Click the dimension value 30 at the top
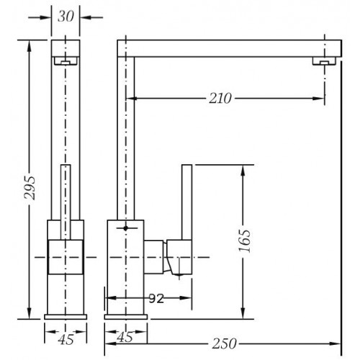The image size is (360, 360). [66, 17]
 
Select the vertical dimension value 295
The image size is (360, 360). [30, 188]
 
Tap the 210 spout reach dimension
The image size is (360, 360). [220, 99]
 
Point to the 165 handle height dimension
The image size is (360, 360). [244, 240]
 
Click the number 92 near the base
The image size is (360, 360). [156, 298]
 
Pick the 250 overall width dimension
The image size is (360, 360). [224, 343]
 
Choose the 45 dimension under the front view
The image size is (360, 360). [66, 339]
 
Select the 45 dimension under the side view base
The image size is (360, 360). [125, 337]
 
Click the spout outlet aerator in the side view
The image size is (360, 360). [324, 61]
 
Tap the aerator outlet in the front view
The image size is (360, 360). [66, 61]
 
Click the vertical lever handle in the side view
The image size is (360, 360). [186, 202]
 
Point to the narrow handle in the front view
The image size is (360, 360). [66, 202]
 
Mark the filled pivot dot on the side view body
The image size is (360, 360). [125, 228]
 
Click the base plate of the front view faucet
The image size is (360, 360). [66, 317]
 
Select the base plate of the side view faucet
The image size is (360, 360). [126, 317]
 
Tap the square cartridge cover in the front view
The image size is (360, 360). [66, 257]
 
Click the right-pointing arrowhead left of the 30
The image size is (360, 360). [45, 17]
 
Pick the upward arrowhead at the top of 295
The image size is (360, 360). [30, 46]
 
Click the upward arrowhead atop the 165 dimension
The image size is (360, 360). [243, 171]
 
